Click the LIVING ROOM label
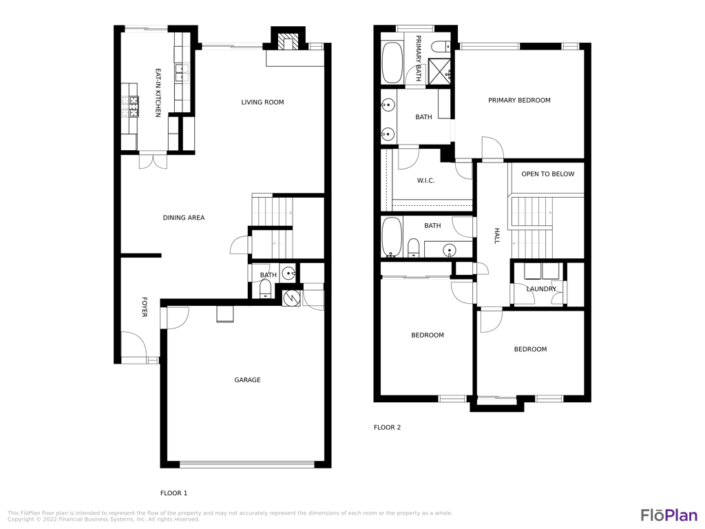[x=262, y=103]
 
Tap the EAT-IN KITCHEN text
[x=158, y=93]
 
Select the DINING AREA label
[x=183, y=218]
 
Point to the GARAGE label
[x=247, y=380]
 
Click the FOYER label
[x=145, y=307]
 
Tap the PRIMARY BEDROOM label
[x=519, y=101]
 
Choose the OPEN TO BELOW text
[x=547, y=174]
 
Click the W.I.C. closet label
[x=425, y=181]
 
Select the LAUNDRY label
[x=541, y=289]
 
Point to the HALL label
[x=497, y=236]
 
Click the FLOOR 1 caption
[x=173, y=493]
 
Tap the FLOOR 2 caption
[x=387, y=427]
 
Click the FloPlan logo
[x=669, y=515]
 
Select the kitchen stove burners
[x=129, y=107]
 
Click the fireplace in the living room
[x=288, y=42]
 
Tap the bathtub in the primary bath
[x=392, y=63]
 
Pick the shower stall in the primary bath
[x=439, y=72]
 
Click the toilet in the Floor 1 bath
[x=265, y=289]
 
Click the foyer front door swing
[x=134, y=347]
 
